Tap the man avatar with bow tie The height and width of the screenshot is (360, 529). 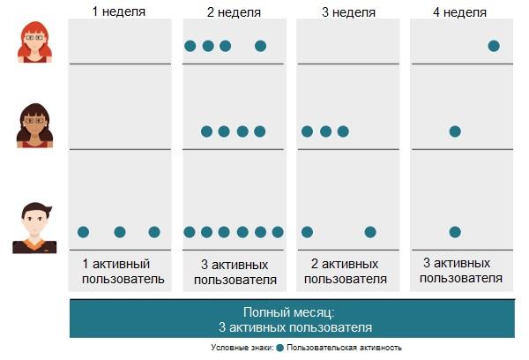[34, 229]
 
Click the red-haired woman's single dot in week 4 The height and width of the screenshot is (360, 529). [494, 46]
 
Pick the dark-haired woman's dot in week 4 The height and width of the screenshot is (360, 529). [455, 131]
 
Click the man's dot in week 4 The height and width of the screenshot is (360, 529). [455, 232]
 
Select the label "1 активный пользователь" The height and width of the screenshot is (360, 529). [122, 272]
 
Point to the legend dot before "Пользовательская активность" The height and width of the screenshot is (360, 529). [279, 348]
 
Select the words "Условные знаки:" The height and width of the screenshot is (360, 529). [242, 348]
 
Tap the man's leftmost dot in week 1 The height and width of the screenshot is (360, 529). [84, 232]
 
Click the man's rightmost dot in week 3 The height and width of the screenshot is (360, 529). [370, 232]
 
